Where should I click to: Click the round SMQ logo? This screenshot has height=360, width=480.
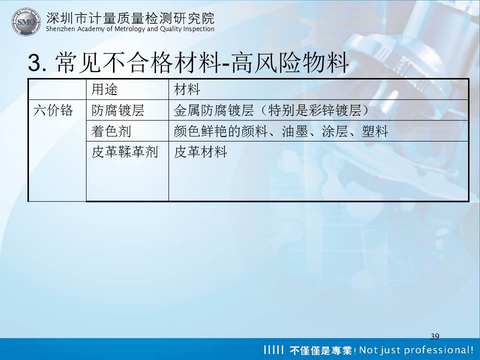coord(26,22)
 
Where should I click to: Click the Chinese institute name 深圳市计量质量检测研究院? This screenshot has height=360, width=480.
coord(130,18)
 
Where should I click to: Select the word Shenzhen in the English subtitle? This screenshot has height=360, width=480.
coord(60,29)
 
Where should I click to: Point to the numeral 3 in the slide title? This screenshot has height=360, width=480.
coord(34,62)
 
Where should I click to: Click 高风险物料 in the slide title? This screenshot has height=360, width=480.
coord(289,62)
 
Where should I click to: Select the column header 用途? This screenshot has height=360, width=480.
coord(104,89)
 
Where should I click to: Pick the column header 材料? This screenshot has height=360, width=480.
coord(186,89)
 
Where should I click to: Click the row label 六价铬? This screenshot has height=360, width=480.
coord(53,110)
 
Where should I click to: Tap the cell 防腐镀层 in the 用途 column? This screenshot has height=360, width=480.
coord(118,110)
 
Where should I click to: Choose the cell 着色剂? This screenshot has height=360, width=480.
coord(111,131)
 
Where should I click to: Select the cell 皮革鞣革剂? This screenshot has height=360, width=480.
coord(124,152)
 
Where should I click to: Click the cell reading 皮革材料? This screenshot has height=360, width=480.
coord(200,152)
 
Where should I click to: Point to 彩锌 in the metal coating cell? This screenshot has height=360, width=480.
coord(321,110)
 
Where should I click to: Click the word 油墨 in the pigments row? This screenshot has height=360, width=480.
coord(295,131)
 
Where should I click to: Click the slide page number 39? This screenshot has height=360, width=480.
coord(434,336)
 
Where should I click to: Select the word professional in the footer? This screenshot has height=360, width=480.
coord(438,350)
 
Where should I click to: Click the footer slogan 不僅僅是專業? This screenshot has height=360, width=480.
coord(320,350)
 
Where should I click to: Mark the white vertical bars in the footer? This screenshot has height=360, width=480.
coord(274,349)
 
